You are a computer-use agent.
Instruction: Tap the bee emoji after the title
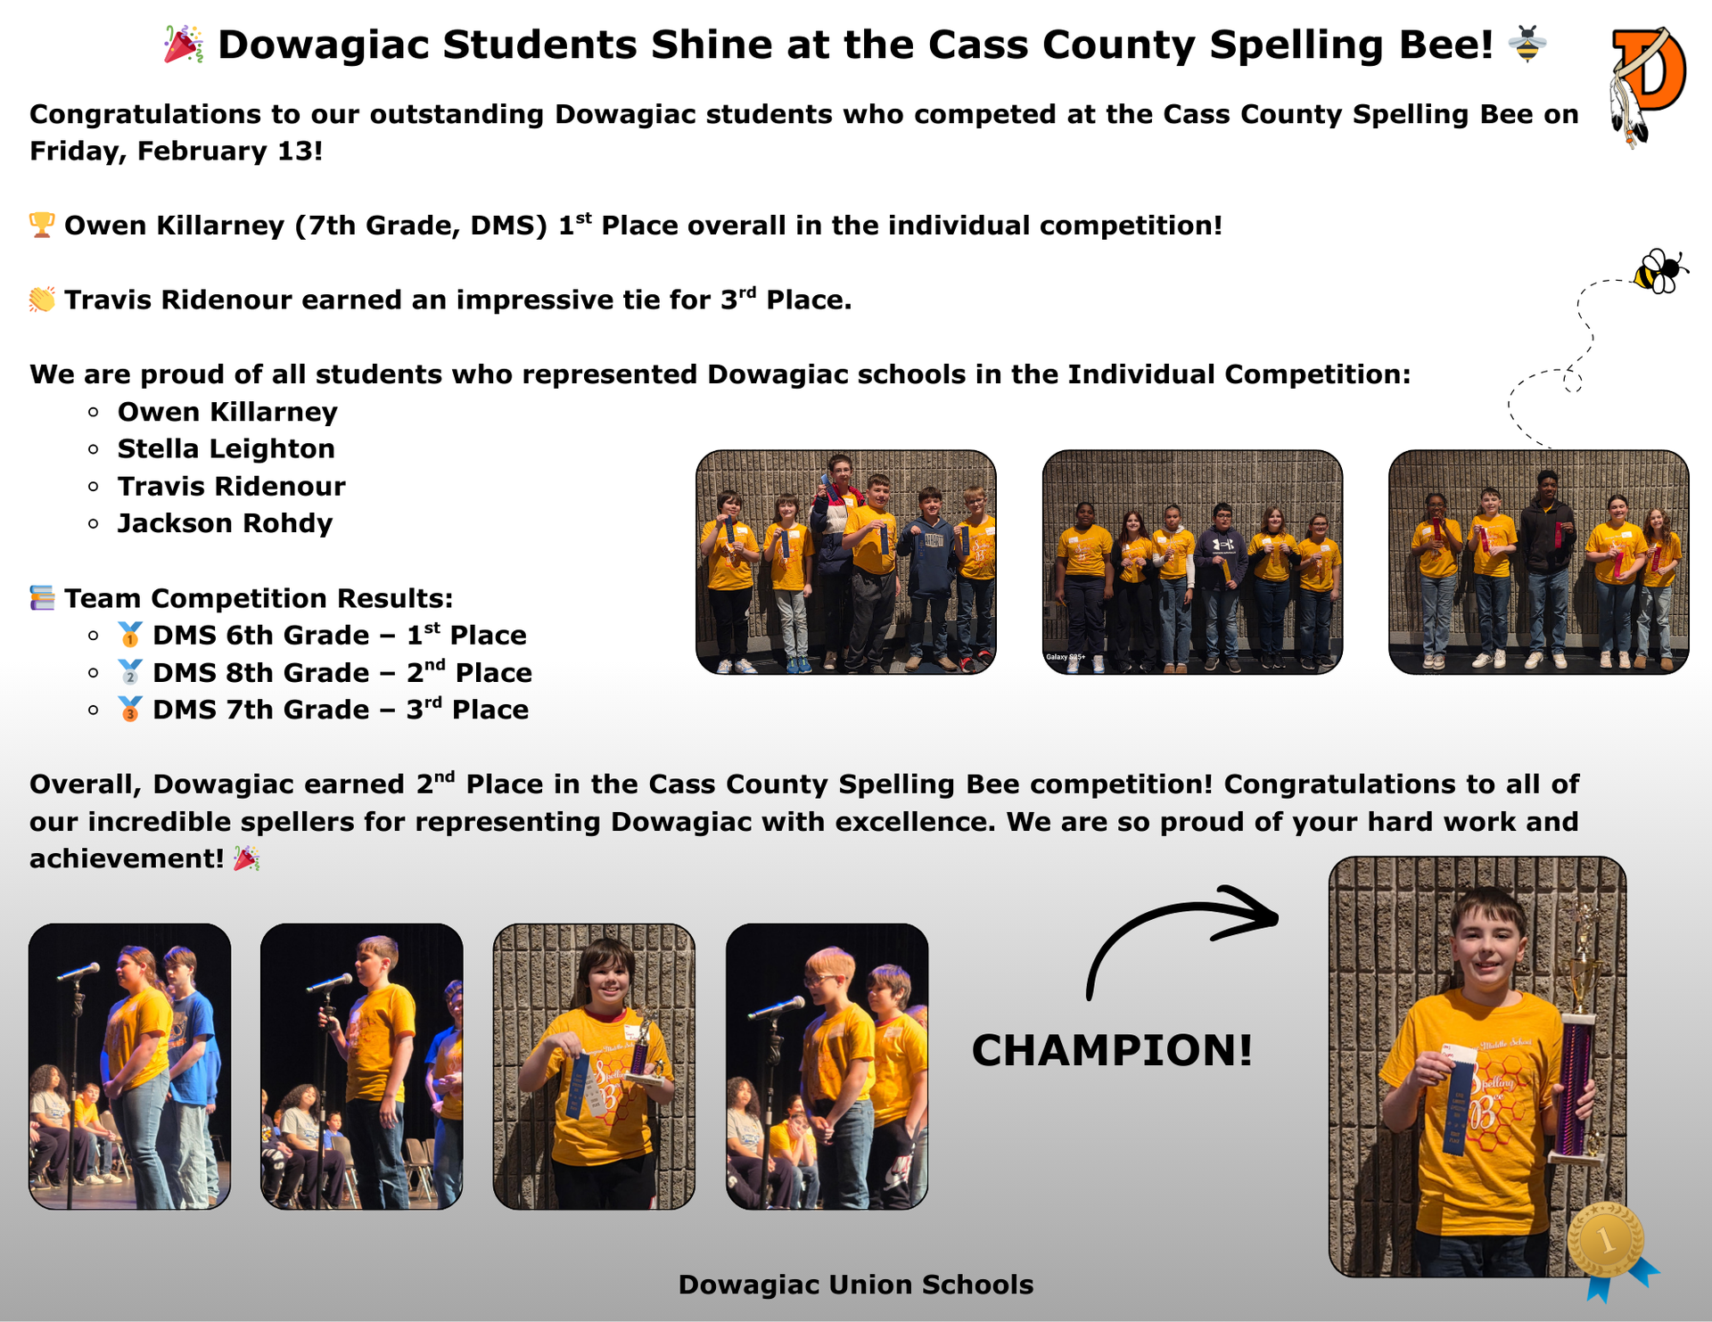click(1527, 44)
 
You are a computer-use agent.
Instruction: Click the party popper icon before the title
click(184, 45)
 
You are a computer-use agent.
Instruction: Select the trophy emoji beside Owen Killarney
click(42, 225)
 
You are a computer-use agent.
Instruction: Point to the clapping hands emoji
click(42, 300)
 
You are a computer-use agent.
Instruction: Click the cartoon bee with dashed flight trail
click(1658, 271)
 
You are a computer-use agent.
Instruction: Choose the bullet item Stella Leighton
click(226, 448)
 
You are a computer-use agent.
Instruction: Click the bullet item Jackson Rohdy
click(225, 523)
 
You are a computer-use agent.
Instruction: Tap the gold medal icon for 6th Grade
click(130, 635)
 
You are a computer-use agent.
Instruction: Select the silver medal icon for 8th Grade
click(130, 672)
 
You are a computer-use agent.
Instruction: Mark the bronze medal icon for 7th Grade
click(130, 710)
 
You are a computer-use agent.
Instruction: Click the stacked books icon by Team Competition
click(42, 597)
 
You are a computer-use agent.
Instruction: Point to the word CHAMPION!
click(1112, 1050)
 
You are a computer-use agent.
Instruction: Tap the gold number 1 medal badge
click(1607, 1240)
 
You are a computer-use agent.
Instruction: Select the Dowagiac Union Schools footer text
click(855, 1285)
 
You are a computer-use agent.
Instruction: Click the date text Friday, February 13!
click(176, 151)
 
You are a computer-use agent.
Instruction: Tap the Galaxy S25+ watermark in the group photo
click(1066, 657)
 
